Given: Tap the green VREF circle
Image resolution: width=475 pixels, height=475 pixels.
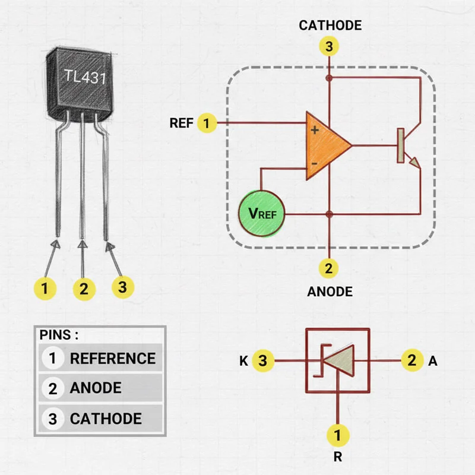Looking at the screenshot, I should coord(262,213).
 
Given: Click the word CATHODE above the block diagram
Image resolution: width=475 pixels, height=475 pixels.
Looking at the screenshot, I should coord(330,26).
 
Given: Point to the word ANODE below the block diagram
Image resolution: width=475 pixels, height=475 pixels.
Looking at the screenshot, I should coord(330,292).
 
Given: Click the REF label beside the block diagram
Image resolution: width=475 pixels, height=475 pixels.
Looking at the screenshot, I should coord(180,123).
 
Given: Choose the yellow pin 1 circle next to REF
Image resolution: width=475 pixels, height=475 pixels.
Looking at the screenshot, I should coord(206,123).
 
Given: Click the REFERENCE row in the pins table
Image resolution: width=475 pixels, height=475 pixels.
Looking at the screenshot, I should coord(101,359).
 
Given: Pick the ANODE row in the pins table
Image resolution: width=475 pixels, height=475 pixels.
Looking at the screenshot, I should coord(101,388).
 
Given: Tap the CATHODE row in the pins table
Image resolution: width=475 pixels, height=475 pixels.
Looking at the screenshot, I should coord(101,419).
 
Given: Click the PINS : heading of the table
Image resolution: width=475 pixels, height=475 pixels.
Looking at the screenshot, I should coord(59,334).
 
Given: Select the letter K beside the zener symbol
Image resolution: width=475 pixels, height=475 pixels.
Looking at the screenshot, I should coord(243,360).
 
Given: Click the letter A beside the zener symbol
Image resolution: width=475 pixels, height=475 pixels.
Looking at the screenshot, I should coord(432,360).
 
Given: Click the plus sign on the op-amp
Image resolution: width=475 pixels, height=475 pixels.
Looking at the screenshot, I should coord(315,129).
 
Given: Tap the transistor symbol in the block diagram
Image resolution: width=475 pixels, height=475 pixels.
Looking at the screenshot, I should coord(407,145).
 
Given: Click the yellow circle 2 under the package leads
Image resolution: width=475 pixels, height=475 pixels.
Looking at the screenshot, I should coord(84,289).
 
